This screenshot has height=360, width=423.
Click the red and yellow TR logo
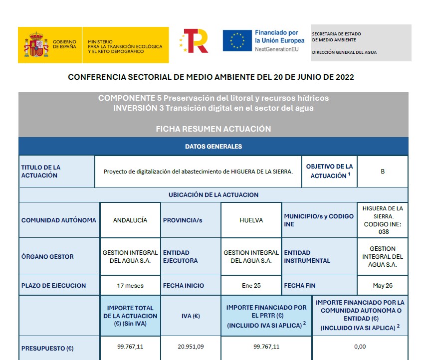pyautogui.click(x=194, y=41)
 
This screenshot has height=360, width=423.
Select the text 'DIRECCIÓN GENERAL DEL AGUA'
pyautogui.click(x=344, y=52)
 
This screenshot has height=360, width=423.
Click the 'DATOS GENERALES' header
pyautogui.click(x=213, y=147)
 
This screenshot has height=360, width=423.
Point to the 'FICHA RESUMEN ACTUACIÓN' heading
pyautogui.click(x=213, y=129)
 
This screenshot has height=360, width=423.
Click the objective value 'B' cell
pyautogui.click(x=383, y=172)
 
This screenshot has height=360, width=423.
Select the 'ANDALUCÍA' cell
pyautogui.click(x=130, y=220)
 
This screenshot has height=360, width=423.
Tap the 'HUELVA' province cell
pyautogui.click(x=251, y=220)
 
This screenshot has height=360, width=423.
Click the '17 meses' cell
pyautogui.click(x=130, y=286)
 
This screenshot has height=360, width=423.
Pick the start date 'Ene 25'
pyautogui.click(x=251, y=286)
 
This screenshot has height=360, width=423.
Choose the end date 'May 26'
pyautogui.click(x=383, y=286)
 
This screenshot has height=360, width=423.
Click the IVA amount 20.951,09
pyautogui.click(x=191, y=347)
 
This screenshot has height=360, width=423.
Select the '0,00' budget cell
pyautogui.click(x=360, y=347)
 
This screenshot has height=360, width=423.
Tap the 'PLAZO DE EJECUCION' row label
pyautogui.click(x=54, y=286)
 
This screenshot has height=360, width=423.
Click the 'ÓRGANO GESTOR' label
pyautogui.click(x=47, y=257)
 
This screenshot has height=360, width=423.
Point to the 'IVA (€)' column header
pyautogui.click(x=191, y=316)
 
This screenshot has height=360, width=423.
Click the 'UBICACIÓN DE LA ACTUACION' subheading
pyautogui.click(x=213, y=195)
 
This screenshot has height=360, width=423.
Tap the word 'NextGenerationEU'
pyautogui.click(x=276, y=49)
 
